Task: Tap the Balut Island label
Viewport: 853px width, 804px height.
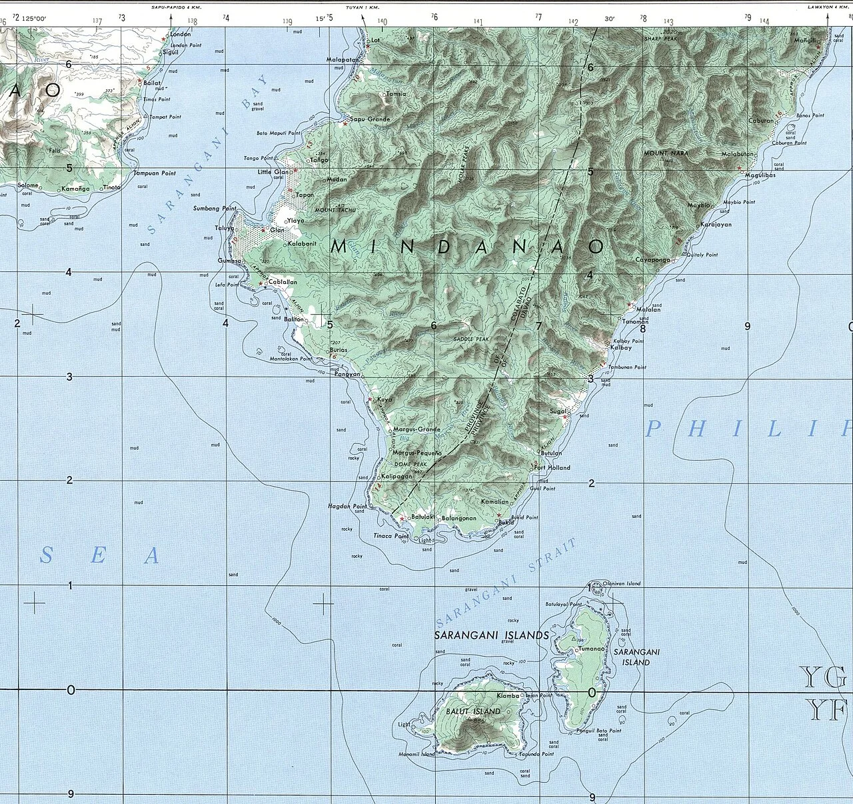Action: pos(473,711)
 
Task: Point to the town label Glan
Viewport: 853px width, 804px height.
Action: pos(277,230)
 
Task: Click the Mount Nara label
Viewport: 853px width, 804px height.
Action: pos(666,153)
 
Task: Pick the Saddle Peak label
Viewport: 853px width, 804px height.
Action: pos(471,339)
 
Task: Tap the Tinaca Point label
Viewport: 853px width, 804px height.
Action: pos(391,536)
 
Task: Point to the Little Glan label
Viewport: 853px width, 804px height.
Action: pos(273,172)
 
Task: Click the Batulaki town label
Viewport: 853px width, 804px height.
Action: pos(423,517)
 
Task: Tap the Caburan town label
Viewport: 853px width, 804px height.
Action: pos(760,121)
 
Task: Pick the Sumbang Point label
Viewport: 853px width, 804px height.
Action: pos(215,209)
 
